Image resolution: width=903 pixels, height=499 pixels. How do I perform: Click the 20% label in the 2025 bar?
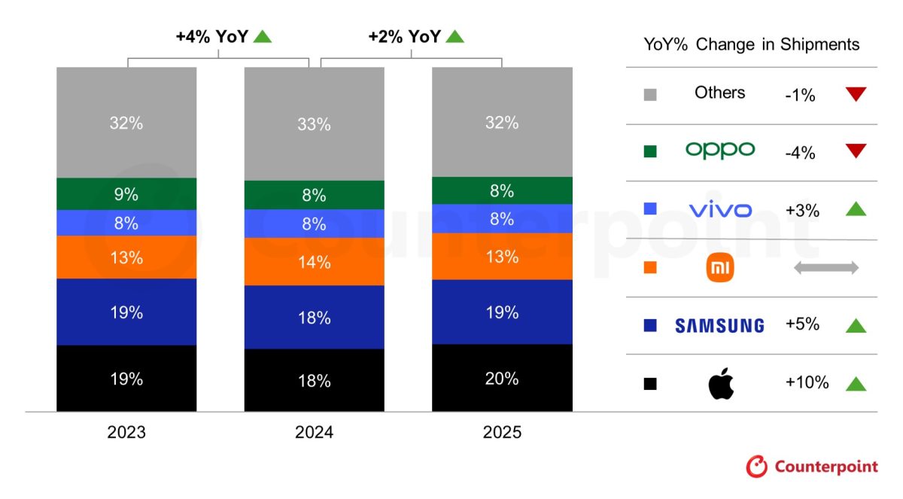(502, 379)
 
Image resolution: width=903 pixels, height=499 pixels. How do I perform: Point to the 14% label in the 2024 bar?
(314, 263)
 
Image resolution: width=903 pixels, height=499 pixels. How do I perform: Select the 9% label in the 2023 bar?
(126, 194)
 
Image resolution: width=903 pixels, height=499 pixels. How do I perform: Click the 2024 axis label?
(314, 433)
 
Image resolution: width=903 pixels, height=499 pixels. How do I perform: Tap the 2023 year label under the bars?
(126, 433)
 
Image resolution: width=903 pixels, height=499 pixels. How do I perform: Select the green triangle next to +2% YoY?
(455, 35)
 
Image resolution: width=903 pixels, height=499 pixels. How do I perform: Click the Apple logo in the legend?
(721, 384)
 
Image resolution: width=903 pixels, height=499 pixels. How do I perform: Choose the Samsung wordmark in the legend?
(719, 325)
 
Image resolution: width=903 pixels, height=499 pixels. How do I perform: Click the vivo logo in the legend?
(720, 210)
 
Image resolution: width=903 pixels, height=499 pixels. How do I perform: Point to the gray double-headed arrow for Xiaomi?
(825, 268)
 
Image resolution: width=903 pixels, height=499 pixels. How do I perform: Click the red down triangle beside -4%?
(856, 151)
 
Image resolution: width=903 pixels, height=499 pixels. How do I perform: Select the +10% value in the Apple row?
(807, 382)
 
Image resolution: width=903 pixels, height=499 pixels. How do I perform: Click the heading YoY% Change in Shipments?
(751, 44)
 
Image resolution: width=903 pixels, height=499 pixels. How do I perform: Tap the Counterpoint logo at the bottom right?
(812, 467)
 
